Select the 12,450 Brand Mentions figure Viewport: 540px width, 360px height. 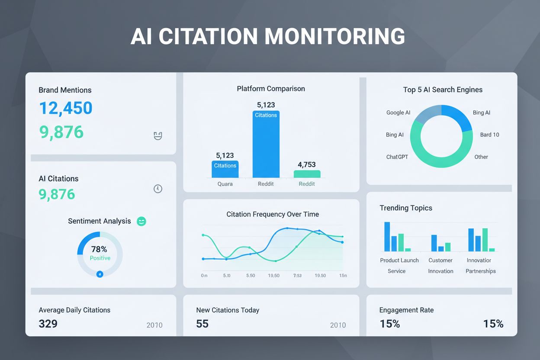coord(66,108)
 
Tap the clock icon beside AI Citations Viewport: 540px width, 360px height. coord(158,189)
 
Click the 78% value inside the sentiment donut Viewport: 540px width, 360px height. coord(99,249)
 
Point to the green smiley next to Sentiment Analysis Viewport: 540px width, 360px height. coord(141,222)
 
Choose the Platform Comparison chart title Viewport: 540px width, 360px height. coord(271,89)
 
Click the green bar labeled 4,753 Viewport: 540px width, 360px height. coord(307,174)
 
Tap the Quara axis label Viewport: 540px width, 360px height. coord(225,184)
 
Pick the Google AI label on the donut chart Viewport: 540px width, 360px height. coord(398,112)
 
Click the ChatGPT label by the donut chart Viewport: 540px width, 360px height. coord(397,157)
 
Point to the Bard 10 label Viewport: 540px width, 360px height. coord(489,135)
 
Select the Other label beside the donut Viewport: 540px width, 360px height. coord(481,157)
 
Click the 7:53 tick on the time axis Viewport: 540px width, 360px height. coord(297,276)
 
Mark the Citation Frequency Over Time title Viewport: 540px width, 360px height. coord(273,214)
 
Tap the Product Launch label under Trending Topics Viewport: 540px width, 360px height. coord(399,260)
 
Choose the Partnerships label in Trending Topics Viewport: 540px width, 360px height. coord(481,271)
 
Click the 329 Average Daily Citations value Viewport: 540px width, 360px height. coord(48,324)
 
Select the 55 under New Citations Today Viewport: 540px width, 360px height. coord(202,324)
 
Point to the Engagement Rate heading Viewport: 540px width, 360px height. coord(406,310)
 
